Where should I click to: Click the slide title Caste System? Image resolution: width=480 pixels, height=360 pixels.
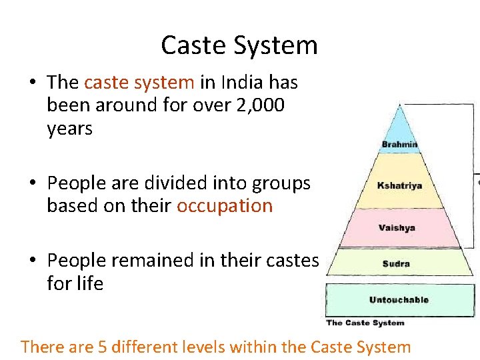pyautogui.click(x=239, y=45)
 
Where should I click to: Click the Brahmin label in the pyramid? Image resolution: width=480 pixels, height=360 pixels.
pyautogui.click(x=399, y=144)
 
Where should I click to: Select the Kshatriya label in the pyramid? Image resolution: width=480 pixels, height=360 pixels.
pyautogui.click(x=399, y=185)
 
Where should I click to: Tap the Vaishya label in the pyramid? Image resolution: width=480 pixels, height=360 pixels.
pyautogui.click(x=397, y=227)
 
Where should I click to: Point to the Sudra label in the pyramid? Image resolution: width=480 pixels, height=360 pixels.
pyautogui.click(x=397, y=264)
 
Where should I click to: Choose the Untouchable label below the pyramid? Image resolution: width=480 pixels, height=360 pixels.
pyautogui.click(x=399, y=300)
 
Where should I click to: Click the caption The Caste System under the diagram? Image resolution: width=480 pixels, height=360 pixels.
pyautogui.click(x=365, y=323)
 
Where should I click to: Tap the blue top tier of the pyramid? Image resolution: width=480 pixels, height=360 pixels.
pyautogui.click(x=399, y=127)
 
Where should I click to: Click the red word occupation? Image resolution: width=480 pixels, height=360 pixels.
pyautogui.click(x=225, y=205)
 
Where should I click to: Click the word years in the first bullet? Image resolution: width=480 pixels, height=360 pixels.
pyautogui.click(x=69, y=129)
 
